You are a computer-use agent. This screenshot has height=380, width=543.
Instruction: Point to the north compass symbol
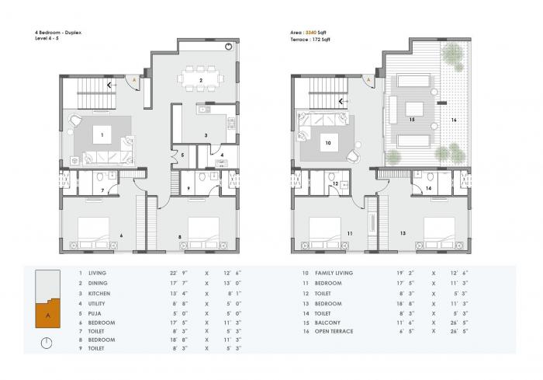pos(47,342)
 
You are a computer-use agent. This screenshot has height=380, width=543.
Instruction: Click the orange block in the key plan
pos(47,316)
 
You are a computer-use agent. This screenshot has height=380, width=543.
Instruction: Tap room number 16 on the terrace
pos(455,120)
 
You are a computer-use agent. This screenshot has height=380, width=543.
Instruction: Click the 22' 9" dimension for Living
pos(168,274)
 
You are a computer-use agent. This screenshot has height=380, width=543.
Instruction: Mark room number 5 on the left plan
pos(183,155)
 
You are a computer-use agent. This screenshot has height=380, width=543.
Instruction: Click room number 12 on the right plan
pos(334,183)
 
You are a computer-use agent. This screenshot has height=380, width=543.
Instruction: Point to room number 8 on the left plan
pos(181,235)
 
